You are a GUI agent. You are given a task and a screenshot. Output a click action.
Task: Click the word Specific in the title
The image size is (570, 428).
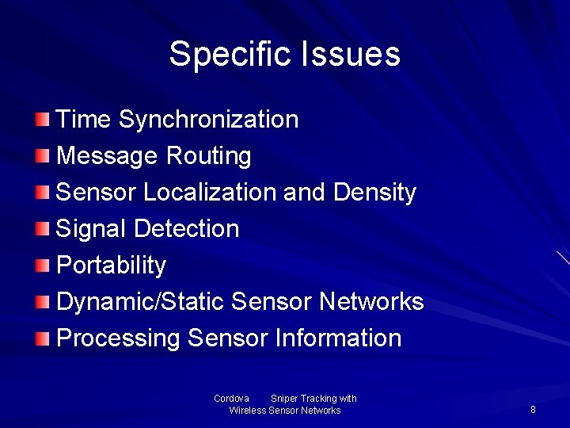pos(230,55)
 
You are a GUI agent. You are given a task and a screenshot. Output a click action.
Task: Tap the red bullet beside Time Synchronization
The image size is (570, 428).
pos(42,120)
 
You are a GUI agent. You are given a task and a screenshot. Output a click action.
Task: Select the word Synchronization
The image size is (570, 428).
pos(208,120)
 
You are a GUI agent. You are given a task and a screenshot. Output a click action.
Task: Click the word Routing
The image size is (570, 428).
pos(208,156)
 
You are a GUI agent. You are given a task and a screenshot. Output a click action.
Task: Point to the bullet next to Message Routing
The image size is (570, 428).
pos(42,156)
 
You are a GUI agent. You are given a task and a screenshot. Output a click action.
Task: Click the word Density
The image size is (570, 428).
pos(374,193)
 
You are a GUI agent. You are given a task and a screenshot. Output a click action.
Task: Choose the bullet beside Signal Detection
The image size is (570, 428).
pos(42,229)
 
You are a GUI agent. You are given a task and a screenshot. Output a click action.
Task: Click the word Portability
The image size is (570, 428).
pos(112,266)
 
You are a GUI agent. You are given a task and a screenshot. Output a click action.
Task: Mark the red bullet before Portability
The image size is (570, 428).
pos(42,266)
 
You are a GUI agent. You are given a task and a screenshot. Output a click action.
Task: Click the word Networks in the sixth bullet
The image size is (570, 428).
pos(371,302)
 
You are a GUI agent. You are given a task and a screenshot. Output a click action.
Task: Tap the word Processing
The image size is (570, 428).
pos(119,338)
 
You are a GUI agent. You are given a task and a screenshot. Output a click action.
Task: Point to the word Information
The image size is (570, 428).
pos(338,338)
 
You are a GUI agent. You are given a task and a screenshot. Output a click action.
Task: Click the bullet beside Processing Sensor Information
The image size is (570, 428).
pos(42,338)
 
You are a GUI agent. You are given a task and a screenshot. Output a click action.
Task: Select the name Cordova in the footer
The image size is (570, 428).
pos(231,399)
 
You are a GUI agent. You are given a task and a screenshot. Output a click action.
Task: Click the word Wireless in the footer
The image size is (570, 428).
pos(247,411)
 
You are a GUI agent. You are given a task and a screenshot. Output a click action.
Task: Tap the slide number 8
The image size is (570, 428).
pos(533,410)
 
